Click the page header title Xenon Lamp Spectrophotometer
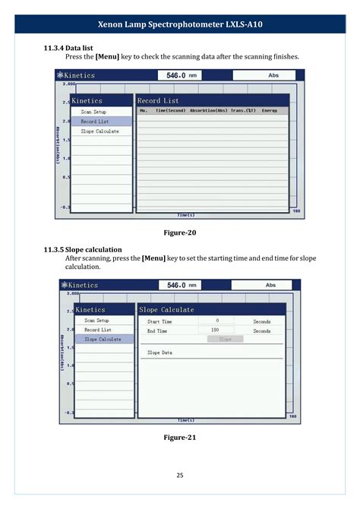click(179, 24)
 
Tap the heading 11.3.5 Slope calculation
click(83, 249)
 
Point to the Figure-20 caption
click(180, 232)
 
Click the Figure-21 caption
click(180, 438)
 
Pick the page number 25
click(180, 476)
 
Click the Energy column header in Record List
click(270, 111)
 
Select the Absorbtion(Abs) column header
click(209, 111)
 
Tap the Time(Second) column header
click(171, 111)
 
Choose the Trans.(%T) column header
click(243, 111)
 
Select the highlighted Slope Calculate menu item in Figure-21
click(103, 340)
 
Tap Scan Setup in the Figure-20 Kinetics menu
click(94, 112)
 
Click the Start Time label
click(159, 321)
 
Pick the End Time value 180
click(215, 331)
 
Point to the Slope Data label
click(159, 353)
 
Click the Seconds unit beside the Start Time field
click(262, 321)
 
